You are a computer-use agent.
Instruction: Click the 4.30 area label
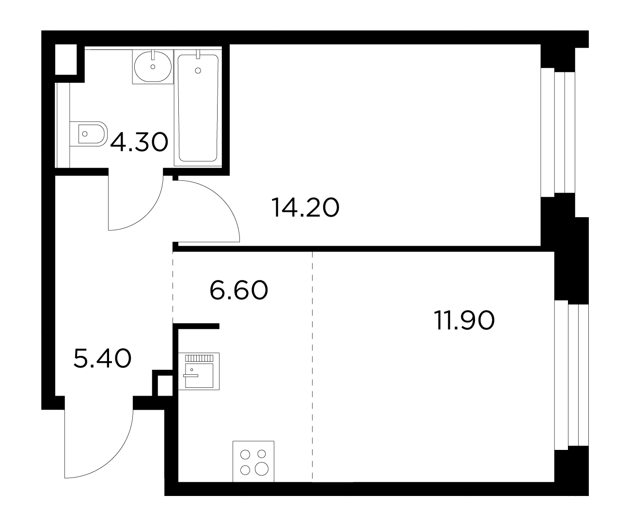(139, 142)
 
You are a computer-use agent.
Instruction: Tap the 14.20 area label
(305, 208)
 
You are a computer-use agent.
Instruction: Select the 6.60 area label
(238, 290)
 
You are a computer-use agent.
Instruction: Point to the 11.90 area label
(464, 320)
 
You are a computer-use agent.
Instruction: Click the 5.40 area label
(102, 358)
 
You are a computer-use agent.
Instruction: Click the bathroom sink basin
(153, 66)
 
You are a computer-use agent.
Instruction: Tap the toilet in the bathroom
(89, 134)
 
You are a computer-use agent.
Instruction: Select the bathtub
(198, 108)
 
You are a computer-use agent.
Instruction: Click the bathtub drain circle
(198, 71)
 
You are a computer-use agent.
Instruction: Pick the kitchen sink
(199, 371)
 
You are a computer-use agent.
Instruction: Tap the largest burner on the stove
(261, 469)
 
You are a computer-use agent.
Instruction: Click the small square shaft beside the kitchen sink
(165, 385)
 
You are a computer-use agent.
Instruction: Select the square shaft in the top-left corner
(66, 59)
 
